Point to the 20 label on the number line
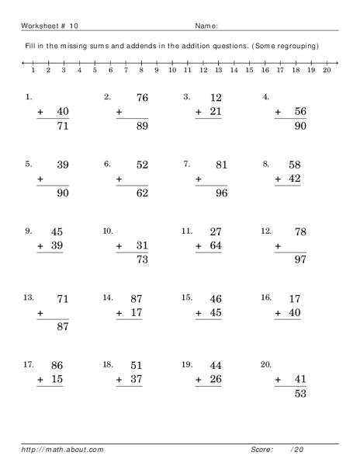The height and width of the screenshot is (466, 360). coord(326,70)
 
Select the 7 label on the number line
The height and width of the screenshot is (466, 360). coord(125,70)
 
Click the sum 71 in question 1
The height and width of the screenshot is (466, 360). coord(61,125)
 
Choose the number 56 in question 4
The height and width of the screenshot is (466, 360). coord(299,112)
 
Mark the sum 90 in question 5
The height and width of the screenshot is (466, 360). coord(61,193)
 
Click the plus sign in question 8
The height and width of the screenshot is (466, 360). coord(278,179)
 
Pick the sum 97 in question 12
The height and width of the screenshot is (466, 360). coord(299,259)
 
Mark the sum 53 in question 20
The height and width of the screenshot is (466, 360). coord(299,393)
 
